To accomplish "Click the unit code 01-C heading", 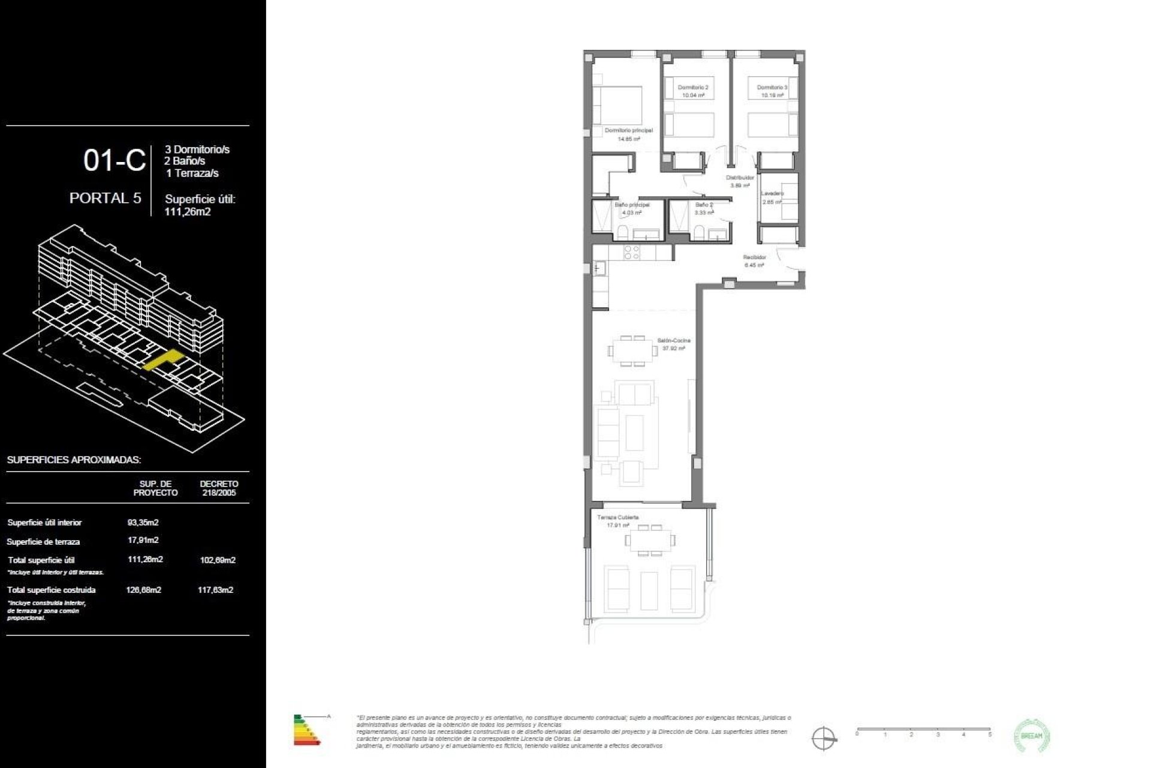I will pyautogui.click(x=114, y=161).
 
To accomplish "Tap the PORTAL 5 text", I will pyautogui.click(x=105, y=198).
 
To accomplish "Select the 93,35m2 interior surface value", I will pyautogui.click(x=143, y=523).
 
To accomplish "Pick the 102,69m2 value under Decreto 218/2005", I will pyautogui.click(x=217, y=560).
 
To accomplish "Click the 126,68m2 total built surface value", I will pyautogui.click(x=143, y=590).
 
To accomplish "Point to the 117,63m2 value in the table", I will pyautogui.click(x=215, y=590).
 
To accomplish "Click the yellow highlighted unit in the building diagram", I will pyautogui.click(x=162, y=359).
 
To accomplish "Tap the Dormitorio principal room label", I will pyautogui.click(x=628, y=131).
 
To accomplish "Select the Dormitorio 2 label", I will pyautogui.click(x=693, y=88).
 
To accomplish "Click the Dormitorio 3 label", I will pyautogui.click(x=772, y=88).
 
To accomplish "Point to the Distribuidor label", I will pyautogui.click(x=740, y=178).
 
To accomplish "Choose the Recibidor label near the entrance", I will pyautogui.click(x=754, y=257).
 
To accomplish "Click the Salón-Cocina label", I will pyautogui.click(x=674, y=341).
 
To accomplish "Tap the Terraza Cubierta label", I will pyautogui.click(x=617, y=517).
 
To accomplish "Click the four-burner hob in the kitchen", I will pyautogui.click(x=632, y=253).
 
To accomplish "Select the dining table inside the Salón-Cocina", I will pyautogui.click(x=632, y=351).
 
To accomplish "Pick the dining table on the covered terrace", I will pyautogui.click(x=650, y=540).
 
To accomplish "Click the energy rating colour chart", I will pyautogui.click(x=307, y=730).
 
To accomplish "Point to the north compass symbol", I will pyautogui.click(x=823, y=737).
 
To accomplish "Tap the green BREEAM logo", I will pyautogui.click(x=1032, y=736).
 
